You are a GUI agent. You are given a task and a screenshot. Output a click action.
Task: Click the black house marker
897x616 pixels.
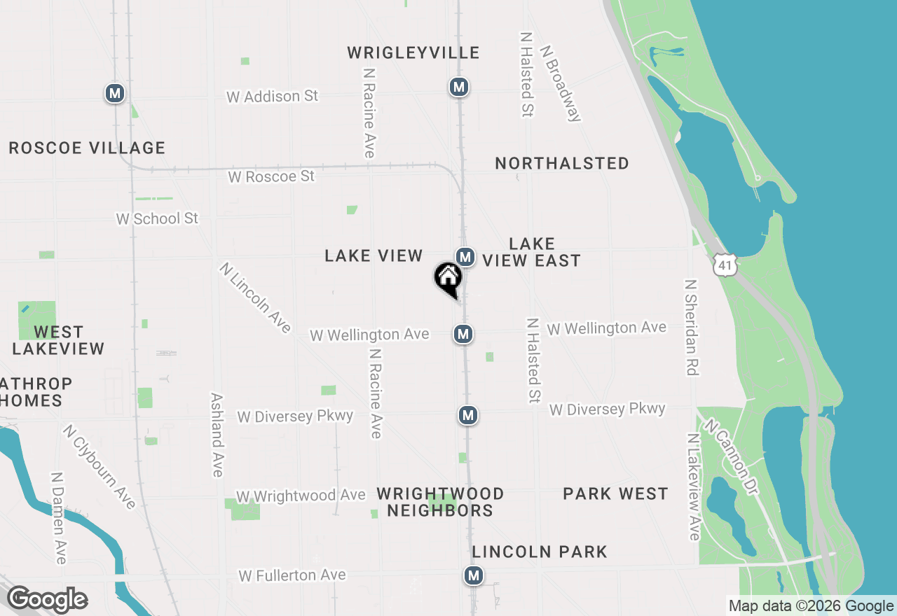447,279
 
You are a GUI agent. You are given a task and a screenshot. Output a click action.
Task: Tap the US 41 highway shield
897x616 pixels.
725,264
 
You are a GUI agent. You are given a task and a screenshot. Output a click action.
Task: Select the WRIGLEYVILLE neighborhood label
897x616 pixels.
413,52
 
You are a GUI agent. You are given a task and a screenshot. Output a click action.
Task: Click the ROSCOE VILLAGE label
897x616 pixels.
87,148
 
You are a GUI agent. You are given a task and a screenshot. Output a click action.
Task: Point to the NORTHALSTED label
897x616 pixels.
561,163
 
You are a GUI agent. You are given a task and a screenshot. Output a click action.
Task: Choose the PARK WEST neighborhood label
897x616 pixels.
615,493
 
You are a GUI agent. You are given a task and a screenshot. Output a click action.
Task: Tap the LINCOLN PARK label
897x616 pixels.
540,552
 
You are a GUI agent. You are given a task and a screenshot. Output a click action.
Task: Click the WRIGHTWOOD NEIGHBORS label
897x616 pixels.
440,502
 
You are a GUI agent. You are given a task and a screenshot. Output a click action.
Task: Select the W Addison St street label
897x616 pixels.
272,96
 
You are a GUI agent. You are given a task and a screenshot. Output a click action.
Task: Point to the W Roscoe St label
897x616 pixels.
271,176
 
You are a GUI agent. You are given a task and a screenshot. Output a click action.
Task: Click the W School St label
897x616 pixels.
157,218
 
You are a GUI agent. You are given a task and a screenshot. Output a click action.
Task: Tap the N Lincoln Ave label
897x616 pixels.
255,297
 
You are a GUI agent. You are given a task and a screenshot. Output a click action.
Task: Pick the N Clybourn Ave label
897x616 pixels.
99,467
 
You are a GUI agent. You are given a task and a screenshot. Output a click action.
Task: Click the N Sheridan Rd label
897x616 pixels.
692,327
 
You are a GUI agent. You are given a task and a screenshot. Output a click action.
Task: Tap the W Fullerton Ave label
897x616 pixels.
292,575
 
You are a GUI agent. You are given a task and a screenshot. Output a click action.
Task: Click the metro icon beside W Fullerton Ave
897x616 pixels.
474,576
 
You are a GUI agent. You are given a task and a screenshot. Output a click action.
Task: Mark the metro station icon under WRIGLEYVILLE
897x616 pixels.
458,87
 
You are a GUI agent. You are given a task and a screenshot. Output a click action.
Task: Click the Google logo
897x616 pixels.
47,599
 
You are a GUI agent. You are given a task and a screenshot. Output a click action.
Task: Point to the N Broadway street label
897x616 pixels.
561,83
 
